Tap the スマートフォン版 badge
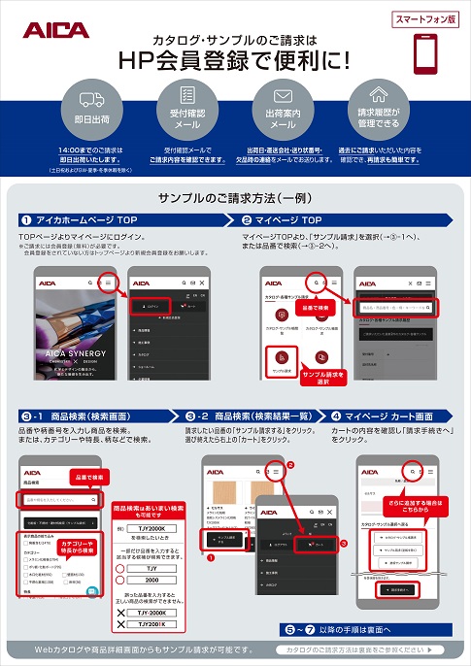click(x=427, y=19)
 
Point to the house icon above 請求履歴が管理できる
click(x=379, y=98)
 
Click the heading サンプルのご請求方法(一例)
click(x=235, y=197)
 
